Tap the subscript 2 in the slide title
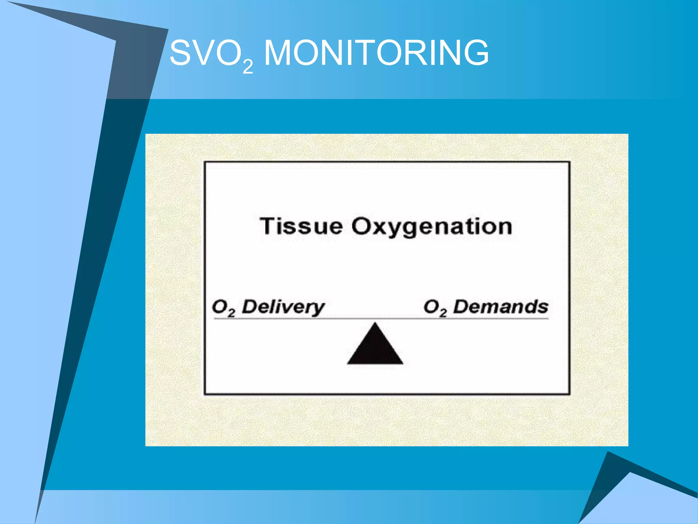[x=248, y=67]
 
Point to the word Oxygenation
[x=432, y=227]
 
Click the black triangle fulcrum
[x=375, y=348]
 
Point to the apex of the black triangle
[x=375, y=323]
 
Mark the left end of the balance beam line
[x=214, y=319]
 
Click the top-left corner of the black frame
[x=205, y=162]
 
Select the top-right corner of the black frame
[x=569, y=162]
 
